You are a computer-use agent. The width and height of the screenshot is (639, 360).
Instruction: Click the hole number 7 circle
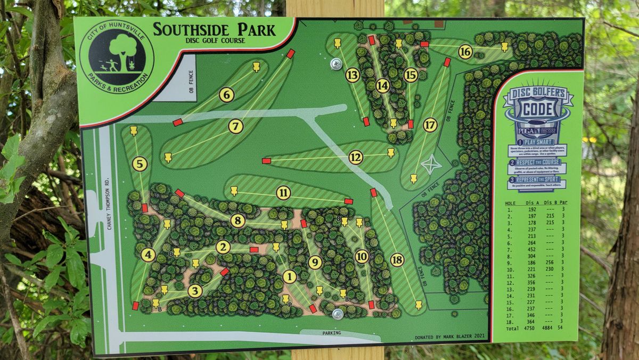pyautogui.click(x=236, y=126)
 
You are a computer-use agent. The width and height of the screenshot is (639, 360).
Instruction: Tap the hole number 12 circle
pyautogui.click(x=356, y=157)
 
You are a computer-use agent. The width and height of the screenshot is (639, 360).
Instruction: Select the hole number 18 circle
pyautogui.click(x=397, y=260)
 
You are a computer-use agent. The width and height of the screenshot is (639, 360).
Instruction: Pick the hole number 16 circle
pyautogui.click(x=465, y=51)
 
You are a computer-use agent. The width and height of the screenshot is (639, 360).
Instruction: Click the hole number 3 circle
pyautogui.click(x=195, y=291)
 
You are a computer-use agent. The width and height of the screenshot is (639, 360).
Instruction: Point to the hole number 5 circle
pyautogui.click(x=140, y=164)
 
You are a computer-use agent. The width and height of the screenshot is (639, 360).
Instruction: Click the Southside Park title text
pyautogui.click(x=214, y=30)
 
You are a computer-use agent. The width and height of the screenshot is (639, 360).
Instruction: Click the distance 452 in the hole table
pyautogui.click(x=530, y=248)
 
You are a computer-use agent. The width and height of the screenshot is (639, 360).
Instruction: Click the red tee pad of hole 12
pyautogui.click(x=266, y=160)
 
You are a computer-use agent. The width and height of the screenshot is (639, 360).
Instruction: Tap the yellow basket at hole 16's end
pyautogui.click(x=504, y=46)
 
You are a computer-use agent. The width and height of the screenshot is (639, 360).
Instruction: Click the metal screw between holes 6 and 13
pyautogui.click(x=336, y=64)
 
